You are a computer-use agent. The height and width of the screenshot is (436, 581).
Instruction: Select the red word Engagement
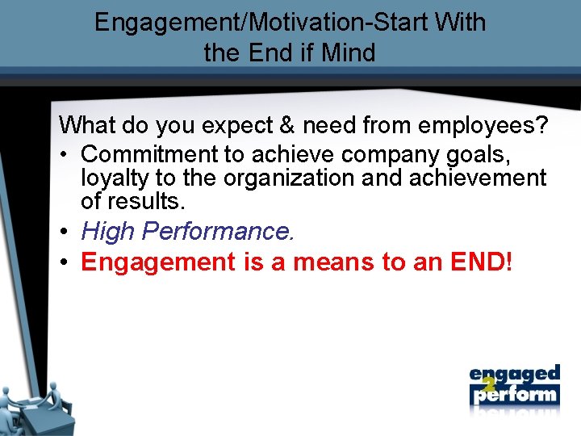click(x=155, y=262)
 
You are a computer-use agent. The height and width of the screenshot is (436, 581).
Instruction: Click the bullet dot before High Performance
click(x=65, y=233)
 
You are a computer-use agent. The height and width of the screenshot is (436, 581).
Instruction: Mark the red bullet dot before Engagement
click(x=65, y=262)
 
